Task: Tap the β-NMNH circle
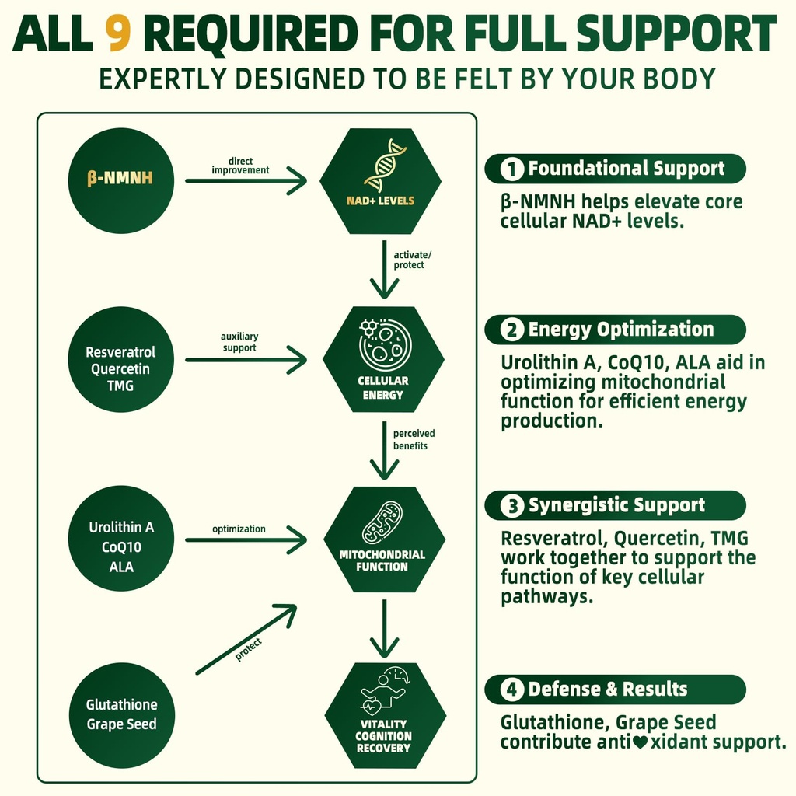121,180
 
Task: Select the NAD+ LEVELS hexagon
380,180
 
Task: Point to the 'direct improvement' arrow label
240,165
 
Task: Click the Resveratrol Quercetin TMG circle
121,359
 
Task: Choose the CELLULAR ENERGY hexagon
382,359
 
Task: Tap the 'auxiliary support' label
239,342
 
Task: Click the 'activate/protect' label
409,260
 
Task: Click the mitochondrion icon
382,522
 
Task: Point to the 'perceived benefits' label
414,439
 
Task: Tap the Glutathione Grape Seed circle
121,714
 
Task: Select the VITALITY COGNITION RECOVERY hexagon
384,715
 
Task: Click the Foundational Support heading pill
614,169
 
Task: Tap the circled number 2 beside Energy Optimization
512,330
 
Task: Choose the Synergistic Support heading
614,506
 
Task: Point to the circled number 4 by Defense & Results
512,690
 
